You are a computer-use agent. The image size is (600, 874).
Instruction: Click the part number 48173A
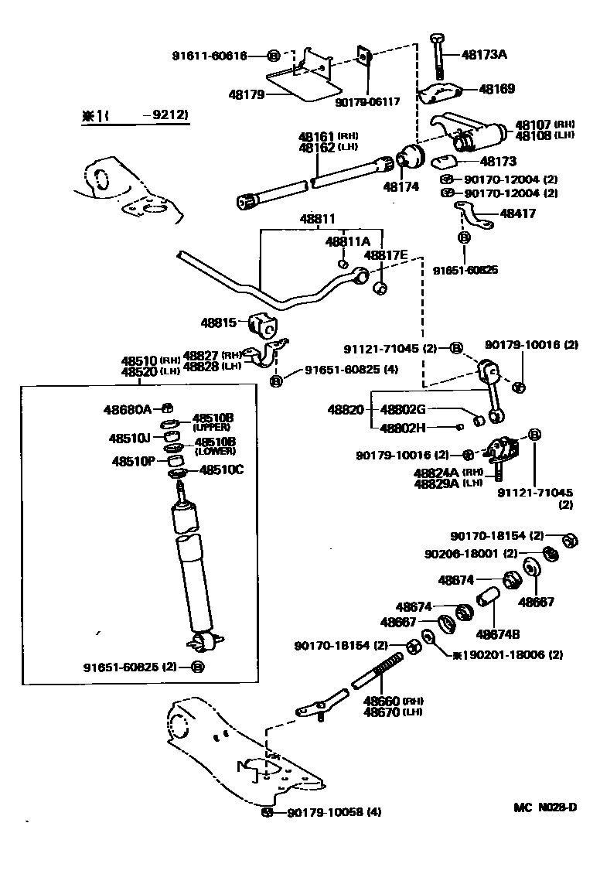tap(484, 55)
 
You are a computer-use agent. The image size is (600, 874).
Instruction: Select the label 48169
tap(496, 89)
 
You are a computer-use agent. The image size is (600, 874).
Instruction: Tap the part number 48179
tap(247, 94)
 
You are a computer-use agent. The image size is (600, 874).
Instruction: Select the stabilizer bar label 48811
tap(318, 220)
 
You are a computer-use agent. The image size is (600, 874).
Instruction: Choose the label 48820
tap(345, 409)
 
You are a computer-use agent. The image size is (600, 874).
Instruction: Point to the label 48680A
tap(128, 408)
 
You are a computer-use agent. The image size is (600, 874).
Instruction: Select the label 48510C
tap(221, 469)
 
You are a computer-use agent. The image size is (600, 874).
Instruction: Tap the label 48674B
tap(497, 634)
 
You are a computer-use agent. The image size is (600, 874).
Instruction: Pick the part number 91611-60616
tap(210, 56)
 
